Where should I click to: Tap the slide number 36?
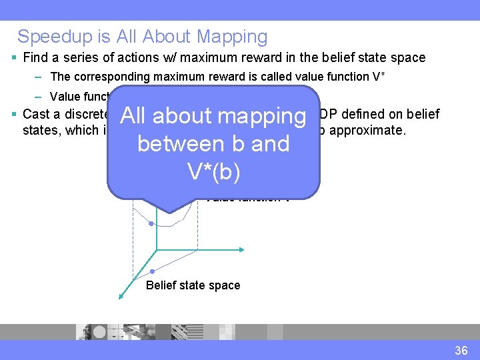coord(461,351)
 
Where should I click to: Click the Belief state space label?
coord(193,285)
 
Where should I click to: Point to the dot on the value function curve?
coord(153,223)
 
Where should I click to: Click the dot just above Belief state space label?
coord(153,271)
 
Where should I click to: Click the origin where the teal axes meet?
coord(157,249)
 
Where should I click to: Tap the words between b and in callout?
coord(213,143)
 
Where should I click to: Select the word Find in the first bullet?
coord(35,57)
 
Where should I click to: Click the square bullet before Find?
coord(15,58)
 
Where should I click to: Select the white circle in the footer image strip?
coord(100,331)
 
